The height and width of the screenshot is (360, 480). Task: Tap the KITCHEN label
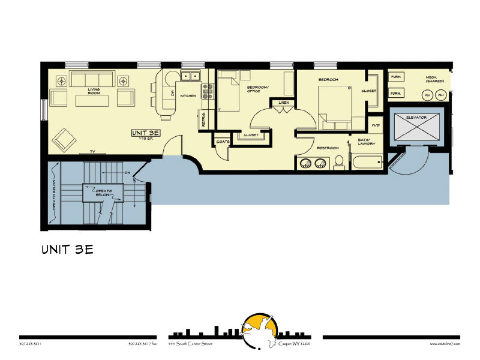coord(189,95)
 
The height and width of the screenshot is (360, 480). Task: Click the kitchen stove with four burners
coord(208,91)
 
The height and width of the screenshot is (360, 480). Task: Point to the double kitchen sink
coord(191,76)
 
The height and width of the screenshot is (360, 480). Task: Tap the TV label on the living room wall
coord(92,151)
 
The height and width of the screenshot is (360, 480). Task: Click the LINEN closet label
coord(284,103)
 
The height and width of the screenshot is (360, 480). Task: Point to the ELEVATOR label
coord(416,117)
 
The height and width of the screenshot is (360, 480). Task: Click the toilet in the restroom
coord(339,161)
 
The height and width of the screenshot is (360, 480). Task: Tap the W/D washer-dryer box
coord(376,125)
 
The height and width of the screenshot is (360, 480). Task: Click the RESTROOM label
coord(328,148)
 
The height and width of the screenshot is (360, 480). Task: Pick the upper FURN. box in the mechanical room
coord(396,77)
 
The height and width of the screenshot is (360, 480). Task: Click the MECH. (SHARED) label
coord(434,79)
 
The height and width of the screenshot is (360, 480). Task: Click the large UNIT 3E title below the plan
coord(67,250)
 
